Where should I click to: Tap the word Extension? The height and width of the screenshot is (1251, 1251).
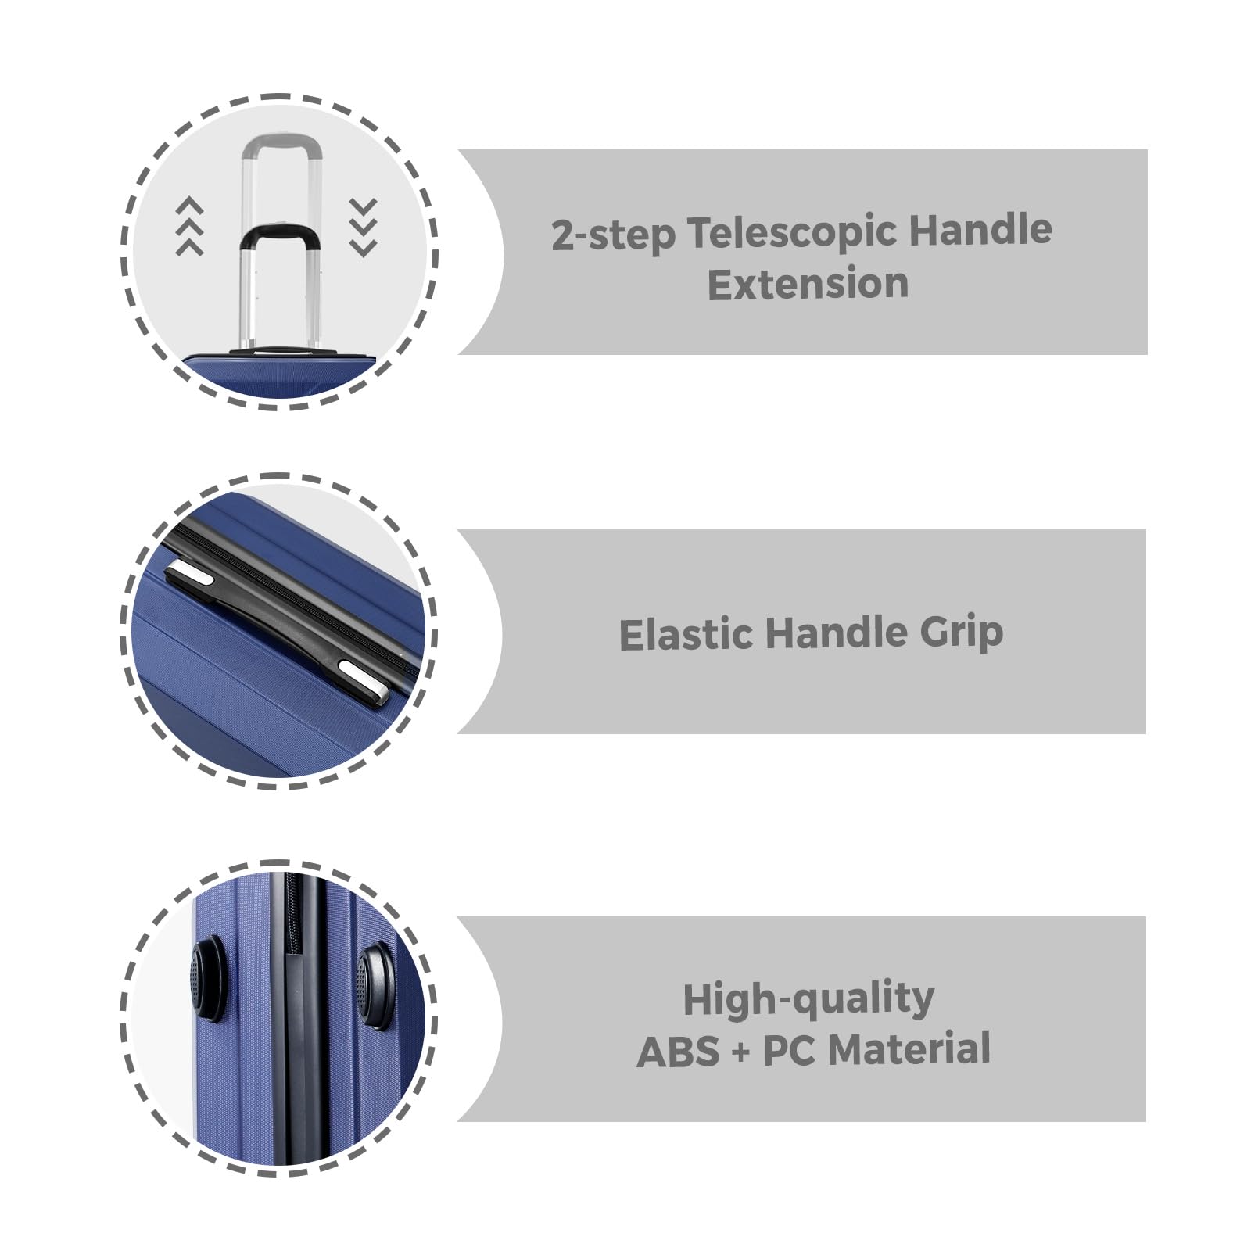pos(808,283)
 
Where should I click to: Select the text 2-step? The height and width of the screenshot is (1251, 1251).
pos(613,235)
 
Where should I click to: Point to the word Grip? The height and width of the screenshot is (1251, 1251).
pos(961,633)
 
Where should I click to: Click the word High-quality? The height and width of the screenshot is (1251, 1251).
pos(808,999)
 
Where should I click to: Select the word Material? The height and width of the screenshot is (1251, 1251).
pos(909,1049)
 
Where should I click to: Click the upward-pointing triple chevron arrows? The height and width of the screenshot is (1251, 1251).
pos(189,226)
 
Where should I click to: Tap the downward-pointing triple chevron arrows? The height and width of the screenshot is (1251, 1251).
pos(364,228)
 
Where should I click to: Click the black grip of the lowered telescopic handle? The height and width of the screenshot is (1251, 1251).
pos(278,234)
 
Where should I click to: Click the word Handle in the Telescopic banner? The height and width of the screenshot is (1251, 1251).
pos(980,231)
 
